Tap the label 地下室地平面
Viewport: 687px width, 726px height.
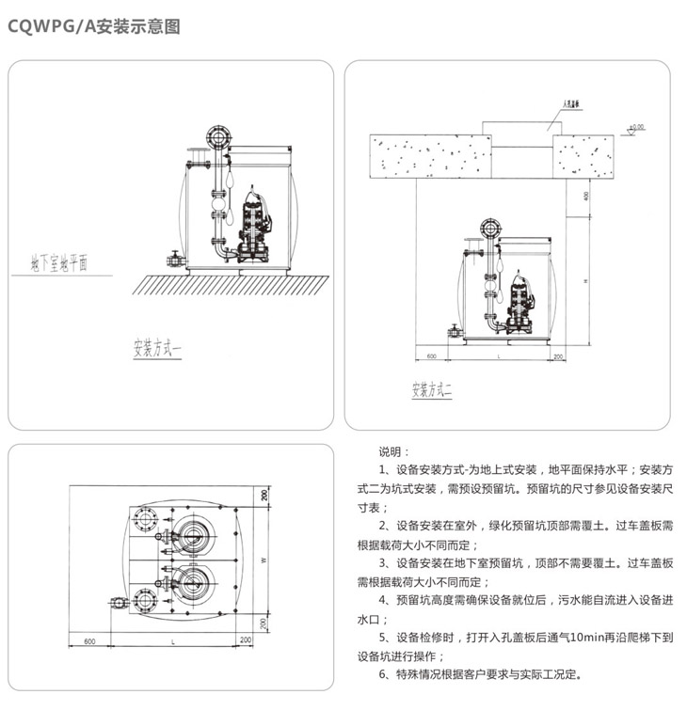coord(58,262)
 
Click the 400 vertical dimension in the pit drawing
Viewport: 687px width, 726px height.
coord(584,196)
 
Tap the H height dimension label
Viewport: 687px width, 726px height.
coord(584,281)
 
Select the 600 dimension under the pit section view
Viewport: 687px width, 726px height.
coord(432,357)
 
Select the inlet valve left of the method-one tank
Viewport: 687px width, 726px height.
coord(173,258)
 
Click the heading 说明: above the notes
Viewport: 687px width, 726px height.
coord(389,451)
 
